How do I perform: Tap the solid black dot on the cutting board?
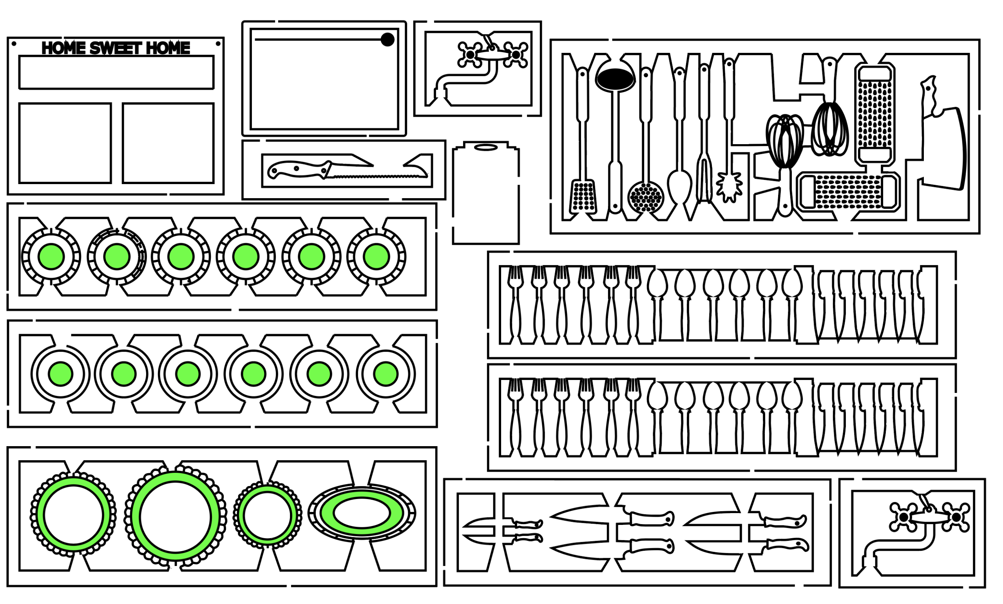pos(387,40)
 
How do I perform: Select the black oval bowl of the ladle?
pos(615,77)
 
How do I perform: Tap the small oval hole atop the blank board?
pos(485,147)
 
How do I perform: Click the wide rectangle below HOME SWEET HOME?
pos(116,72)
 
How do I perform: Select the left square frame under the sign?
pos(65,143)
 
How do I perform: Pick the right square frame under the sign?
pos(168,143)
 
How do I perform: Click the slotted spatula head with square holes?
pos(583,197)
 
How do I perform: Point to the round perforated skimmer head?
pos(646,197)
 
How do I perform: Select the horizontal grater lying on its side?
pos(848,192)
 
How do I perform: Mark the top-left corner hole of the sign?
pos(14,43)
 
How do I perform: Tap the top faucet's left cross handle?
pos(470,54)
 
